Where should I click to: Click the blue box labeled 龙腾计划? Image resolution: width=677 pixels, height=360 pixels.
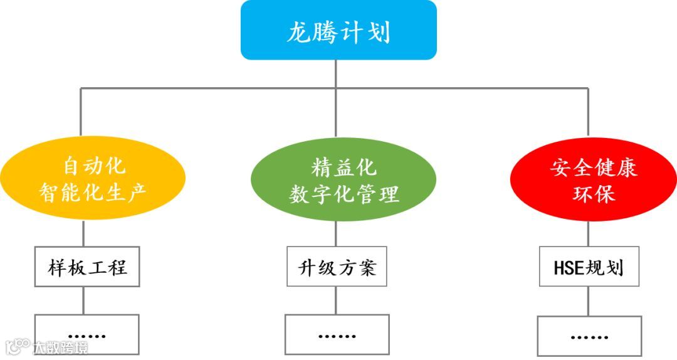[338, 30]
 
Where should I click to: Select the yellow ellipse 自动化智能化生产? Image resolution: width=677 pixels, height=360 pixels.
[92, 178]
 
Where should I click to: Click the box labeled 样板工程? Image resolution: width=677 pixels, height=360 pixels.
[87, 268]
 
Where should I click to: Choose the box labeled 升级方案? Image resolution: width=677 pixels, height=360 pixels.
[337, 268]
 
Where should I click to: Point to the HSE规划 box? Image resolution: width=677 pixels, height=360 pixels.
[588, 268]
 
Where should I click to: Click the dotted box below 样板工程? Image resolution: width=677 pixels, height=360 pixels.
[87, 335]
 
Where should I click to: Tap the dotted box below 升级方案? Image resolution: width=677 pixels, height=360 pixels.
[337, 335]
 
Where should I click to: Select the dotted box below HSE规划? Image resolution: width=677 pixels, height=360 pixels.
[589, 336]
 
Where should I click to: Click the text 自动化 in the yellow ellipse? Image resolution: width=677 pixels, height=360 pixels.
[95, 166]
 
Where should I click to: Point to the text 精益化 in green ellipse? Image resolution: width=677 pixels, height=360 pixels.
[344, 167]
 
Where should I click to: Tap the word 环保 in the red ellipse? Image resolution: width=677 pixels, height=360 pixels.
[593, 193]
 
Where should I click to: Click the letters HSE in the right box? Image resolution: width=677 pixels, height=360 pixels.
[569, 268]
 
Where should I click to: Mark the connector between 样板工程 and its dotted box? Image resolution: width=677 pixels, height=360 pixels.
[84, 300]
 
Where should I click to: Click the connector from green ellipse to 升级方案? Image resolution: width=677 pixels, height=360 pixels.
[336, 234]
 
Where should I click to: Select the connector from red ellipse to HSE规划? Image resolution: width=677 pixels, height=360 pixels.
[588, 235]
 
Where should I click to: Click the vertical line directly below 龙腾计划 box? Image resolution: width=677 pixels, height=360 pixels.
[336, 73]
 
